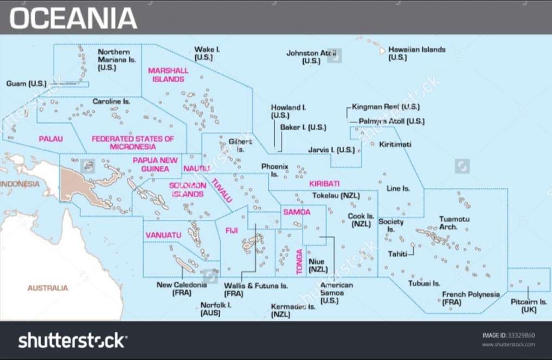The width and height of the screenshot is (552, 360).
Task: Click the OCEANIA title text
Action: (x=73, y=17)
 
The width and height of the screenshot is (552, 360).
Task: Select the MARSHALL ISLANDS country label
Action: (x=168, y=75)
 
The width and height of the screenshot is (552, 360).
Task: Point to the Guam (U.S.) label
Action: (x=26, y=83)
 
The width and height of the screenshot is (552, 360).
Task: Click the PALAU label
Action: (x=50, y=139)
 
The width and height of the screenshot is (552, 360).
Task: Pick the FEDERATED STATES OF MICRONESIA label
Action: (x=132, y=143)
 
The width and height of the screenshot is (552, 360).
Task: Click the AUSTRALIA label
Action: (x=48, y=288)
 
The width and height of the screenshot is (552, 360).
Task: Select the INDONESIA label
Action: (x=20, y=184)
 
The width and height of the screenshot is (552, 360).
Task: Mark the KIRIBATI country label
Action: (x=324, y=184)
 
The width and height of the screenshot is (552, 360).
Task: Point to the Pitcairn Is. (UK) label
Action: (x=529, y=305)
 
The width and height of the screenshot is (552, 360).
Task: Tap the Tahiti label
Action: (x=397, y=254)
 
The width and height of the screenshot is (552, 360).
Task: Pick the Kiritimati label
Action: (x=395, y=144)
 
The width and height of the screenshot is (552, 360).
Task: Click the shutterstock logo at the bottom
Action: (x=73, y=340)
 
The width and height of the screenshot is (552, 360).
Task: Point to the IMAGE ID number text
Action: (x=508, y=336)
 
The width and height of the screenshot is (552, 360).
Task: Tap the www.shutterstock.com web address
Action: (x=508, y=345)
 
